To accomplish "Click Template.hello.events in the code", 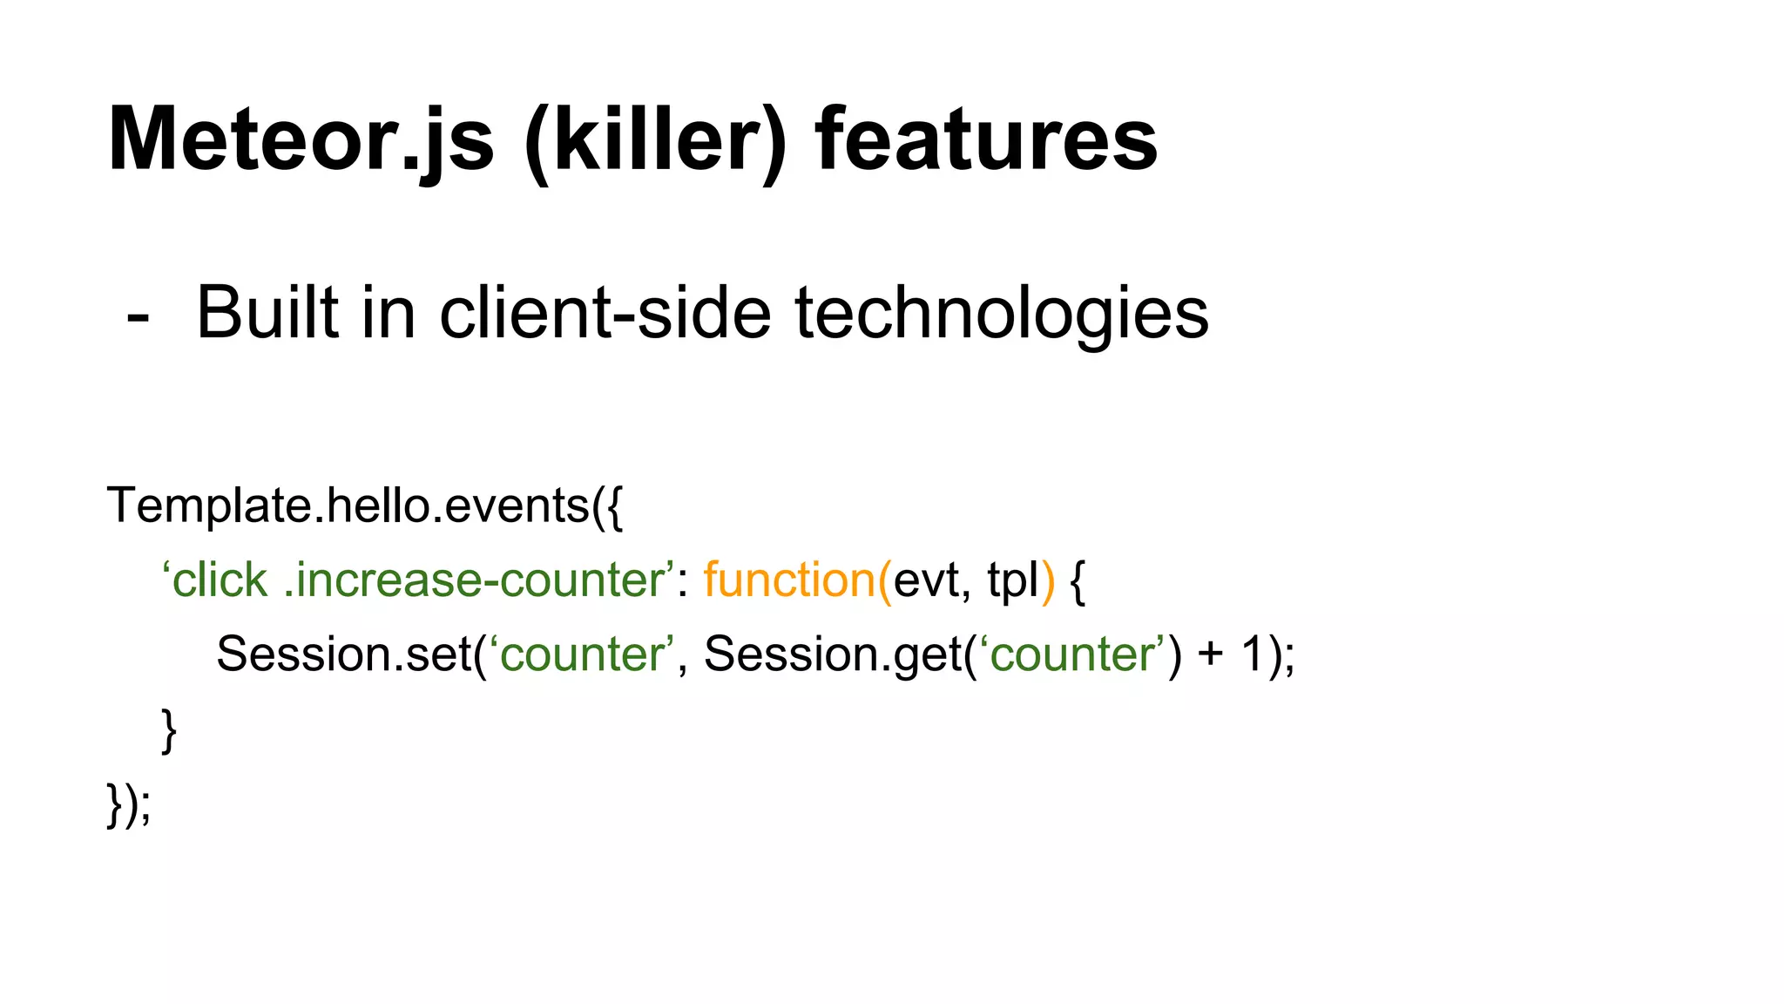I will pyautogui.click(x=348, y=505).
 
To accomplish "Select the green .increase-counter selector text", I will pyautogui.click(x=475, y=580).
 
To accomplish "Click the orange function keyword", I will pyautogui.click(x=789, y=580).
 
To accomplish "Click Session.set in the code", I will pyautogui.click(x=343, y=654).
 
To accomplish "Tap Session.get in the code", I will pyautogui.click(x=832, y=654).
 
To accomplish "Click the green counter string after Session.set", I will pyautogui.click(x=582, y=654).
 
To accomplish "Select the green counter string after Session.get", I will pyautogui.click(x=1072, y=654).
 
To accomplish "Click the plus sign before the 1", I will pyautogui.click(x=1210, y=654).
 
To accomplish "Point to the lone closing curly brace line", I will pyautogui.click(x=169, y=730).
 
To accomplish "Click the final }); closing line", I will pyautogui.click(x=129, y=804).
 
